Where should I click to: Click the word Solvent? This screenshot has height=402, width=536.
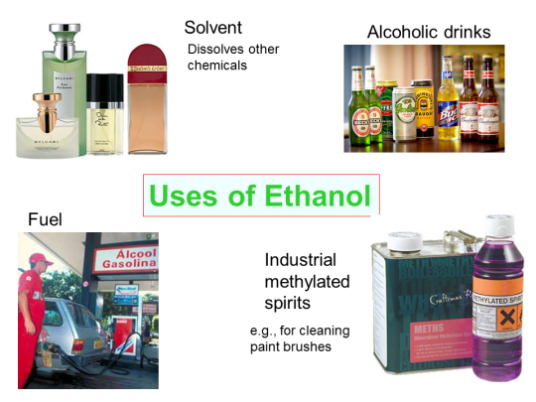(213, 27)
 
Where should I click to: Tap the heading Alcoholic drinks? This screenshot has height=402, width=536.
(428, 33)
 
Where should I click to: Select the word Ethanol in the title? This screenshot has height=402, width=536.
(320, 195)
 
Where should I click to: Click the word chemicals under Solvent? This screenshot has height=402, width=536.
(216, 66)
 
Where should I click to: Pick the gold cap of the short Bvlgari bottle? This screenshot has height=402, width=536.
(43, 102)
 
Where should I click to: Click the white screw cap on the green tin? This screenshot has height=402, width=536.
(405, 240)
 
